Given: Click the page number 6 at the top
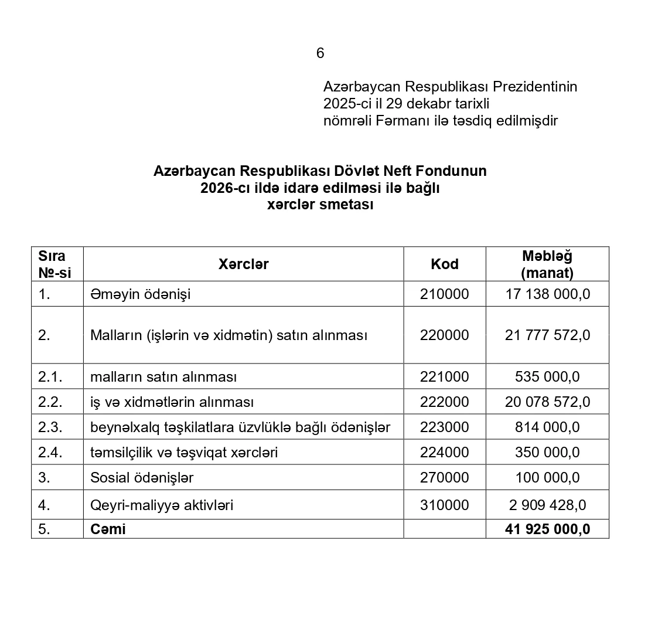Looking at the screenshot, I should click(x=320, y=53).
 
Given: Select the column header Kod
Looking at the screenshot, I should click(x=445, y=264).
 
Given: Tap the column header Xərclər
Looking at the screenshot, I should click(x=244, y=264).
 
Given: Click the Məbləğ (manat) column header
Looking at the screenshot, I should click(x=547, y=264).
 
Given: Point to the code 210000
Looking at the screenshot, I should click(x=445, y=294).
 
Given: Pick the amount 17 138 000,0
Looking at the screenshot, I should click(x=547, y=294).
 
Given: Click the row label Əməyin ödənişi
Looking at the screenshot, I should click(x=141, y=294).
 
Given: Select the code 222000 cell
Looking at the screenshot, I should click(x=445, y=402).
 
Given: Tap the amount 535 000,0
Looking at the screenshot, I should click(x=547, y=376).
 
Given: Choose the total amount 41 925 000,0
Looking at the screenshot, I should click(x=547, y=529).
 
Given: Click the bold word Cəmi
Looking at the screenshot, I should click(x=108, y=529).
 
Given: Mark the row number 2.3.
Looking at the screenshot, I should click(x=50, y=427).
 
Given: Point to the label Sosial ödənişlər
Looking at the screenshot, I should click(x=142, y=478).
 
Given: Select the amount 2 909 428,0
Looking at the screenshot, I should click(x=547, y=505).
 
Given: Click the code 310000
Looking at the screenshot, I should click(x=445, y=505).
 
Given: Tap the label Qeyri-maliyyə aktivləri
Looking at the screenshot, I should click(x=162, y=505).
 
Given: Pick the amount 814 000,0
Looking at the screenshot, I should click(x=547, y=427).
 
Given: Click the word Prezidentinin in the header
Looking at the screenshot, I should click(x=535, y=87).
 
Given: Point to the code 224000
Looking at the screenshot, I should click(x=445, y=453).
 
